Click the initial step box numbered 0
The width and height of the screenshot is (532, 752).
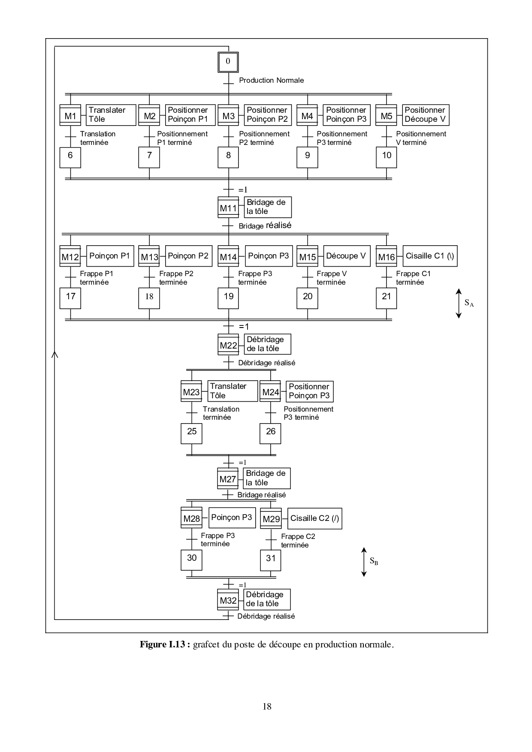[x=228, y=62]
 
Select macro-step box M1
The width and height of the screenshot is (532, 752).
[x=70, y=116]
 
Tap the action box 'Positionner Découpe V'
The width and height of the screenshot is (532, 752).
[x=425, y=115]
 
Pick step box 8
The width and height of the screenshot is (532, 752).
[x=228, y=157]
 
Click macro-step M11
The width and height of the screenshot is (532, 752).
[x=228, y=208]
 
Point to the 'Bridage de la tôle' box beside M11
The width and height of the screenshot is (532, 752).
[x=267, y=207]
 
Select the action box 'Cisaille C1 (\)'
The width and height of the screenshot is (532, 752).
[x=429, y=256]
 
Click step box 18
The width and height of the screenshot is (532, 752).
[x=149, y=298]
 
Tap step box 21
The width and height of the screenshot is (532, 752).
[x=387, y=298]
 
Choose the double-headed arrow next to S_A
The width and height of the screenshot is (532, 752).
[x=458, y=303]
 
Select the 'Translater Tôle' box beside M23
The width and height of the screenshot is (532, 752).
[x=233, y=391]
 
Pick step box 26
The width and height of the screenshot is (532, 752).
[x=270, y=433]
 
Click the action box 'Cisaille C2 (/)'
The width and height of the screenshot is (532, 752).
[x=314, y=518]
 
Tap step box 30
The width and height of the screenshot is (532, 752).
[x=191, y=559]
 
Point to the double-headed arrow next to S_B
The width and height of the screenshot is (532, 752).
[x=363, y=562]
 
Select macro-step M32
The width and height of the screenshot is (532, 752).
[x=228, y=600]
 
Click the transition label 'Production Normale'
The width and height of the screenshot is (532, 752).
[x=271, y=80]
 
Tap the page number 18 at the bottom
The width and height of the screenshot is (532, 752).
[x=266, y=707]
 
